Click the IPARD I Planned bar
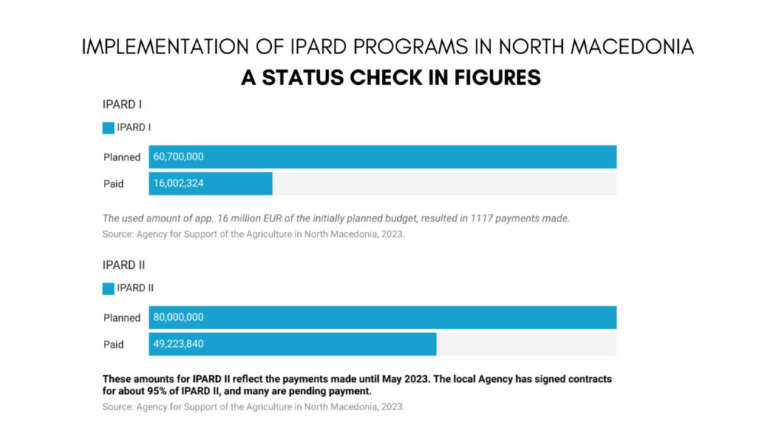pyautogui.click(x=383, y=157)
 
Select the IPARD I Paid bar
pyautogui.click(x=211, y=183)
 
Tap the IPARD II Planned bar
pyautogui.click(x=383, y=317)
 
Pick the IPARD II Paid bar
pyautogui.click(x=292, y=345)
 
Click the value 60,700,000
pyautogui.click(x=179, y=157)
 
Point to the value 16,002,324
pyautogui.click(x=179, y=183)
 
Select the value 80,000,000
pyautogui.click(x=179, y=317)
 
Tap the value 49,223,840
pyautogui.click(x=179, y=345)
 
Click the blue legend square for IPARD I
pyautogui.click(x=108, y=128)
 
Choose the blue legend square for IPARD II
pyautogui.click(x=108, y=289)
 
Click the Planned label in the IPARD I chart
pyautogui.click(x=121, y=157)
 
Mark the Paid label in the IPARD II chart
pyautogui.click(x=113, y=345)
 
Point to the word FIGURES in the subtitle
pyautogui.click(x=497, y=78)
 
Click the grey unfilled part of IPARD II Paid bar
pyautogui.click(x=527, y=345)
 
